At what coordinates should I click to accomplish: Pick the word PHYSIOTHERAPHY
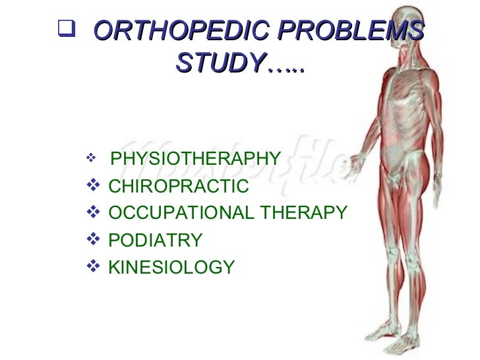point(196,160)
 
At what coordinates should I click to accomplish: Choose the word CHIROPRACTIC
point(178,187)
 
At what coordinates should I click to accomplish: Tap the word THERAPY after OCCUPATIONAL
point(303,213)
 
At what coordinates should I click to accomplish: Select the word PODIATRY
point(155,240)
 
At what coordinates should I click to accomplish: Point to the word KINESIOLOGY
point(171,267)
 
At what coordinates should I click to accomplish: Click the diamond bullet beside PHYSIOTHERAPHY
point(90,158)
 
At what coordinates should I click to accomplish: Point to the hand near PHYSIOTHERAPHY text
point(359,162)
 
